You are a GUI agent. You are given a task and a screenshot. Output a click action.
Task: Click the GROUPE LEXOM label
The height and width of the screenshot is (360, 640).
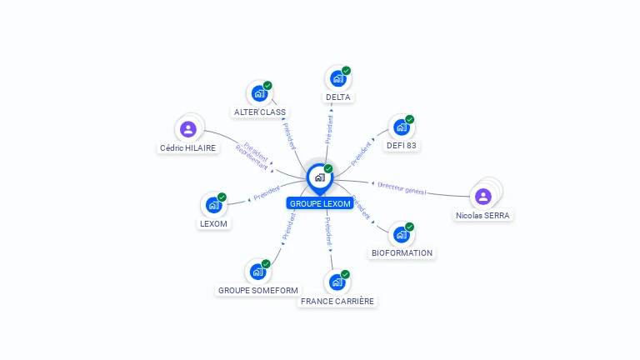pyautogui.click(x=320, y=203)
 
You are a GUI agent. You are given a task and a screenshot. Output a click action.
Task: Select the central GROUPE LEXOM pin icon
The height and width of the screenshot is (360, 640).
pyautogui.click(x=319, y=177)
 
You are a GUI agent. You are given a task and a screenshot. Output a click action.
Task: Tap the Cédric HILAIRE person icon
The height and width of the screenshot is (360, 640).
pyautogui.click(x=188, y=129)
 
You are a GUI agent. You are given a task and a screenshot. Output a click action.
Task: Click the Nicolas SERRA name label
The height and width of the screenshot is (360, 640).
pyautogui.click(x=483, y=215)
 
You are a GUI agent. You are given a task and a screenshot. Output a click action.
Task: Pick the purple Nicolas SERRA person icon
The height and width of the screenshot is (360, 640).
pyautogui.click(x=483, y=197)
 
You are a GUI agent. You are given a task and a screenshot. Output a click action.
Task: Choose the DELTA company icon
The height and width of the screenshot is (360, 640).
pyautogui.click(x=337, y=78)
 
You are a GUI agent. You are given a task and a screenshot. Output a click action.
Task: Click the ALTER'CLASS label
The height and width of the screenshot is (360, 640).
pyautogui.click(x=260, y=112)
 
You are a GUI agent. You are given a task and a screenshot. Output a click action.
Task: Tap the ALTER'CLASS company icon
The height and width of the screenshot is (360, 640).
pyautogui.click(x=259, y=93)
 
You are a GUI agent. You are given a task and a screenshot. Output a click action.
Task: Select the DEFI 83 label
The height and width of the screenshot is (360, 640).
pyautogui.click(x=401, y=146)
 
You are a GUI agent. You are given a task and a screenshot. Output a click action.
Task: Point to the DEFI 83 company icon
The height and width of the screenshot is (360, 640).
pyautogui.click(x=401, y=127)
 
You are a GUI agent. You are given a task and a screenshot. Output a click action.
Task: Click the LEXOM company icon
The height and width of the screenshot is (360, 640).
pyautogui.click(x=213, y=204)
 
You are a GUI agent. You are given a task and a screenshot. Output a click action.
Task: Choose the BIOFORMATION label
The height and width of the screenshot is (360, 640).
pyautogui.click(x=402, y=252)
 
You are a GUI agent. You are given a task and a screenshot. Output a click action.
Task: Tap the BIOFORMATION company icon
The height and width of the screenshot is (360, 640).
pyautogui.click(x=401, y=234)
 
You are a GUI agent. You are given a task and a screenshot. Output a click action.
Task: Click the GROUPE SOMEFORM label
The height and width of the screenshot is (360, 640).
pyautogui.click(x=257, y=290)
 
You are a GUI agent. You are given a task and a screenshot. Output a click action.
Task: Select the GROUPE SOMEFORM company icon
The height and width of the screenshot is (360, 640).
pyautogui.click(x=257, y=272)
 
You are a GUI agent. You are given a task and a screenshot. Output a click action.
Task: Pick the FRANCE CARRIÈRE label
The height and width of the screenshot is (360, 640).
pyautogui.click(x=337, y=301)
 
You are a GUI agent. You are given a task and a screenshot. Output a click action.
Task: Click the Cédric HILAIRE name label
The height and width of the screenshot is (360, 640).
pyautogui.click(x=187, y=147)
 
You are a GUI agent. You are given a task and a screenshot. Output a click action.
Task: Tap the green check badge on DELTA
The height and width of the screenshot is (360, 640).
pyautogui.click(x=346, y=71)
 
